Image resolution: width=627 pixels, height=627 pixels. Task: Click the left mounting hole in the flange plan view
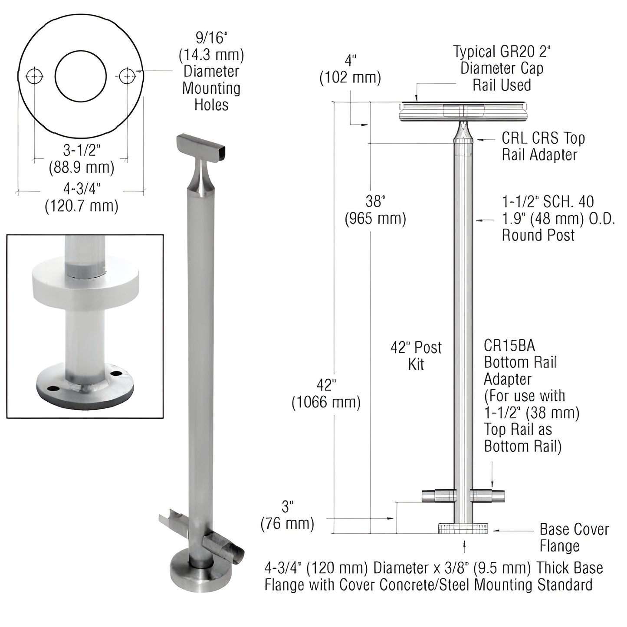click(x=35, y=77)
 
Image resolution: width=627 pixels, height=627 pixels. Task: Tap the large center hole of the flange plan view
click(x=81, y=76)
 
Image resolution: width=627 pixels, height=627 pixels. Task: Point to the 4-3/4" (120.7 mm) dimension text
click(x=82, y=197)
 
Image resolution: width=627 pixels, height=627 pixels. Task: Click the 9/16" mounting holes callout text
click(x=211, y=71)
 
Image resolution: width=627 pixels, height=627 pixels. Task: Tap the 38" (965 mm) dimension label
click(x=375, y=210)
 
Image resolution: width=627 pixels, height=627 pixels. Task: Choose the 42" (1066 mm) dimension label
click(x=326, y=394)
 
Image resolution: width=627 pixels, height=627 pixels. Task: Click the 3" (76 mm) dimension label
click(x=287, y=515)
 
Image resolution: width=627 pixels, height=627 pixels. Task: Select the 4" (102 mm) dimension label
click(x=350, y=70)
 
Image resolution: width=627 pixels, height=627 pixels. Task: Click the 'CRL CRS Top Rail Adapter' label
click(x=543, y=146)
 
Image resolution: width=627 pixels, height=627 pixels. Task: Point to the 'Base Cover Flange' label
click(x=574, y=537)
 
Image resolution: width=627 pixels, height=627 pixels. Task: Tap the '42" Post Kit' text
click(x=416, y=355)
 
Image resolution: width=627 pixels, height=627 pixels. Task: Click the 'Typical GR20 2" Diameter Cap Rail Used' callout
click(x=502, y=68)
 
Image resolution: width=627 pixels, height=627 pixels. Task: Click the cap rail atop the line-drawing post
click(x=463, y=111)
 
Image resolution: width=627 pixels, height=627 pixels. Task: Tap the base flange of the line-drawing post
click(x=463, y=528)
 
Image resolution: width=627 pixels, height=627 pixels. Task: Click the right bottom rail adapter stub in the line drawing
click(x=488, y=495)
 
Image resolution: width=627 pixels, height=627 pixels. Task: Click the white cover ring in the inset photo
click(x=85, y=281)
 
